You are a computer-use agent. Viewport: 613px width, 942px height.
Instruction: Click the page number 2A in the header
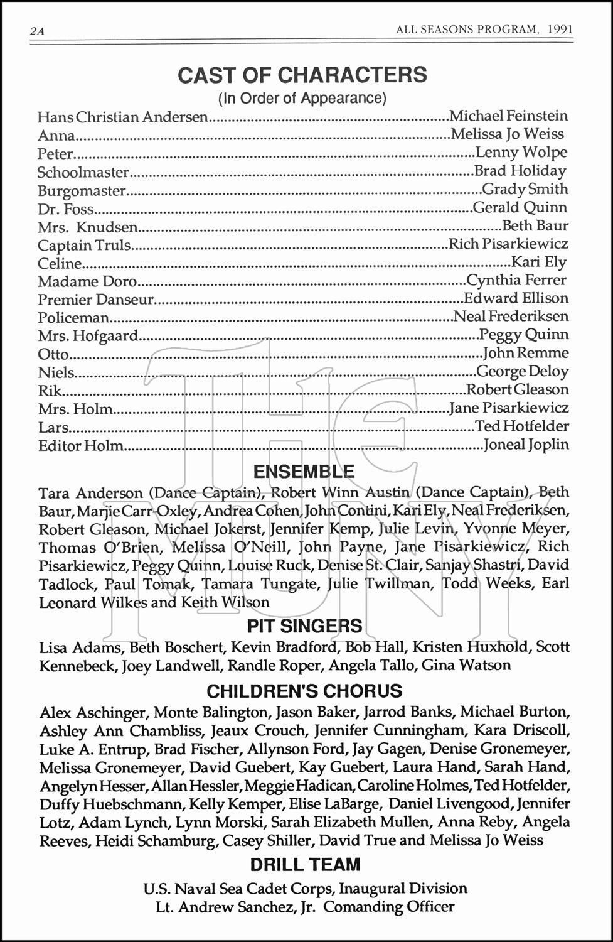pos(36,31)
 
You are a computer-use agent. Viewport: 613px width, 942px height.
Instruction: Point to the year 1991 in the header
pos(559,30)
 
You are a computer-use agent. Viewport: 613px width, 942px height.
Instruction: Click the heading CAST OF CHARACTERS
pos(302,75)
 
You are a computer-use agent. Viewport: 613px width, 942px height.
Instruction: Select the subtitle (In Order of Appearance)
pos(302,98)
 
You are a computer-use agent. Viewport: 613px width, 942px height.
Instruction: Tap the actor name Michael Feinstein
pos(509,116)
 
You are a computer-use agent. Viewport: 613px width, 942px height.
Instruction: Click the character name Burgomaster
pos(82,191)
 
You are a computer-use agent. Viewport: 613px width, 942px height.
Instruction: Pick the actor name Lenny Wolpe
pos(521,153)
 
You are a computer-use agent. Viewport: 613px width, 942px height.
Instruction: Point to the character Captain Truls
pos(84,246)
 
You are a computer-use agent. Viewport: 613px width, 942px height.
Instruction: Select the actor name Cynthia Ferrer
pos(516,280)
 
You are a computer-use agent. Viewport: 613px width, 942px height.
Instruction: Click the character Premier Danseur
pos(95,300)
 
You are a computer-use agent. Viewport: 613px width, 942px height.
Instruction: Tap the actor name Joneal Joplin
pos(526,445)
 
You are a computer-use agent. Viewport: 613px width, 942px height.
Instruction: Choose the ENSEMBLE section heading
pos(304,472)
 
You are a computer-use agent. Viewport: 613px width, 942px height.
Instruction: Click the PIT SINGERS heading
pos(304,626)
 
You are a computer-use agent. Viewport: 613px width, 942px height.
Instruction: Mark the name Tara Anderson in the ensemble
pos(82,493)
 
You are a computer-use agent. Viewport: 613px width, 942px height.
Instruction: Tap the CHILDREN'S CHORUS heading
pos(304,691)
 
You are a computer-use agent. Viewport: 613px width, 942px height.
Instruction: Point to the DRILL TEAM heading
pos(305,865)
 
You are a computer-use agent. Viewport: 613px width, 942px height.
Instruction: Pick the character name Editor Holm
pos(80,446)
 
